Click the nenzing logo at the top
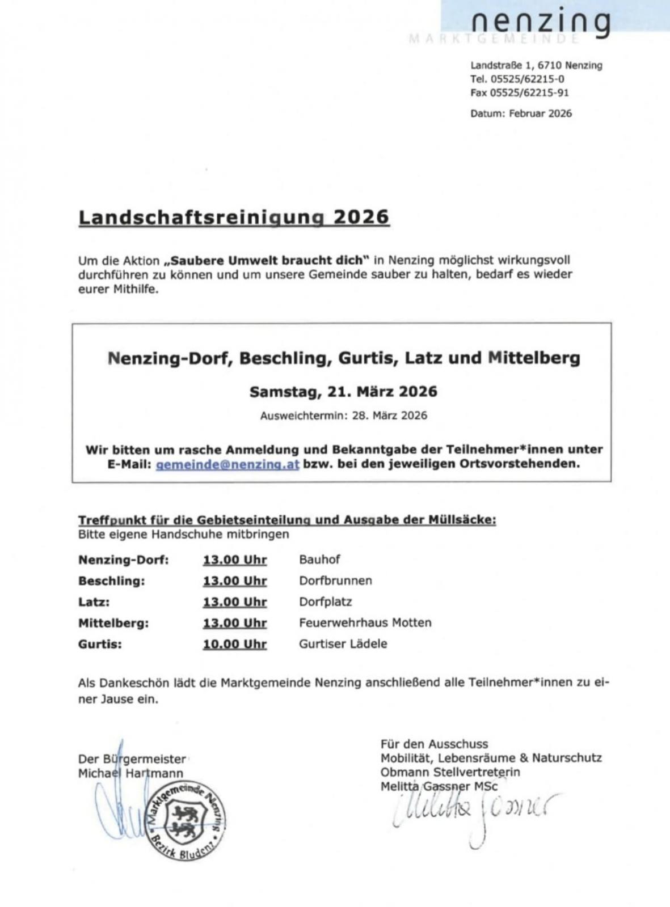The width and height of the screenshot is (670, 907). point(540,23)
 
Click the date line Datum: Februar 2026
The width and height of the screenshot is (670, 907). point(521,113)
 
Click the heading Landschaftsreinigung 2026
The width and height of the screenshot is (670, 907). point(234,217)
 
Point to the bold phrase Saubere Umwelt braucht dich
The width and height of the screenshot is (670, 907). point(267,261)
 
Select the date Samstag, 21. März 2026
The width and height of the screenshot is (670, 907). point(343,392)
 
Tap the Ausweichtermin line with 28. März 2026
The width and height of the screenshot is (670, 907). point(343,416)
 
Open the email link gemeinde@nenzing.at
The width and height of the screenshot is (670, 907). point(227,464)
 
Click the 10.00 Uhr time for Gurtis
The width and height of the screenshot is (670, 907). point(234,644)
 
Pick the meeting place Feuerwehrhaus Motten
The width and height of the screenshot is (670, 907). point(365,622)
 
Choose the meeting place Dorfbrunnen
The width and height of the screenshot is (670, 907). point(335,580)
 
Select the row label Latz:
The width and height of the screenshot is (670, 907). point(94,601)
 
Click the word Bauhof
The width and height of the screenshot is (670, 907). point(319,560)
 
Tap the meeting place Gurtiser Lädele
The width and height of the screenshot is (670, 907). point(343,644)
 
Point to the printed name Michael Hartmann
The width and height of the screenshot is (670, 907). point(130,773)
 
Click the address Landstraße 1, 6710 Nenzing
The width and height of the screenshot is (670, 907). point(536,65)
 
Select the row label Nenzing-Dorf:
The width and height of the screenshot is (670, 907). point(123,560)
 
